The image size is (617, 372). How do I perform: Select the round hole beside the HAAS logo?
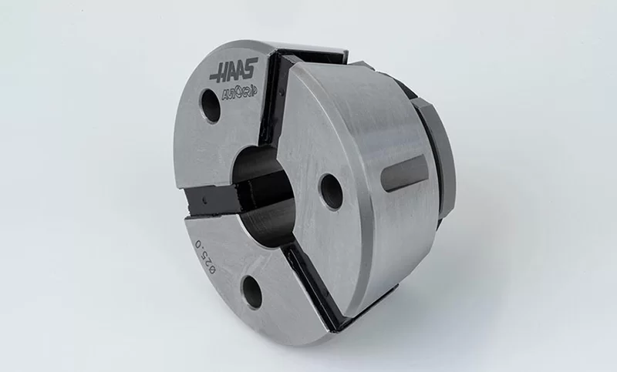pos(211,106)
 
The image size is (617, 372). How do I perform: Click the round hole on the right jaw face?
pos(332,191)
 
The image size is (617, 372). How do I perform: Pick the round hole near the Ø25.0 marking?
pos(252,291)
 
